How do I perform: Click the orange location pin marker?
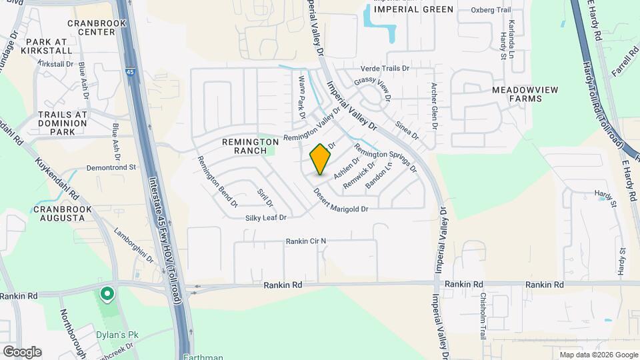(x=321, y=159)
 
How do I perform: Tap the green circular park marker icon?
(x=106, y=293)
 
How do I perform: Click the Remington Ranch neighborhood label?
(x=251, y=146)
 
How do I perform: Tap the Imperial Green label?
(x=413, y=9)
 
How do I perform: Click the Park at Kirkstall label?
(x=49, y=46)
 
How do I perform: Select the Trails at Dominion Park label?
(x=63, y=123)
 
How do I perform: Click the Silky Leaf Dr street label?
(x=265, y=218)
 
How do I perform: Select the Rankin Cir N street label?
(x=307, y=241)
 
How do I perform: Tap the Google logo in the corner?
(x=22, y=352)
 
